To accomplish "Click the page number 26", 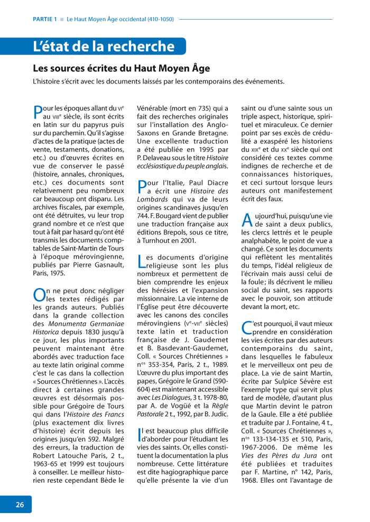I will pos(20,505).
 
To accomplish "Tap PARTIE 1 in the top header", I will pos(44,20).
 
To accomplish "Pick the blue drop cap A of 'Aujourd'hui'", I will pos(247,220).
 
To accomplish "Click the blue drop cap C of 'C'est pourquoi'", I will pos(247,328).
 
